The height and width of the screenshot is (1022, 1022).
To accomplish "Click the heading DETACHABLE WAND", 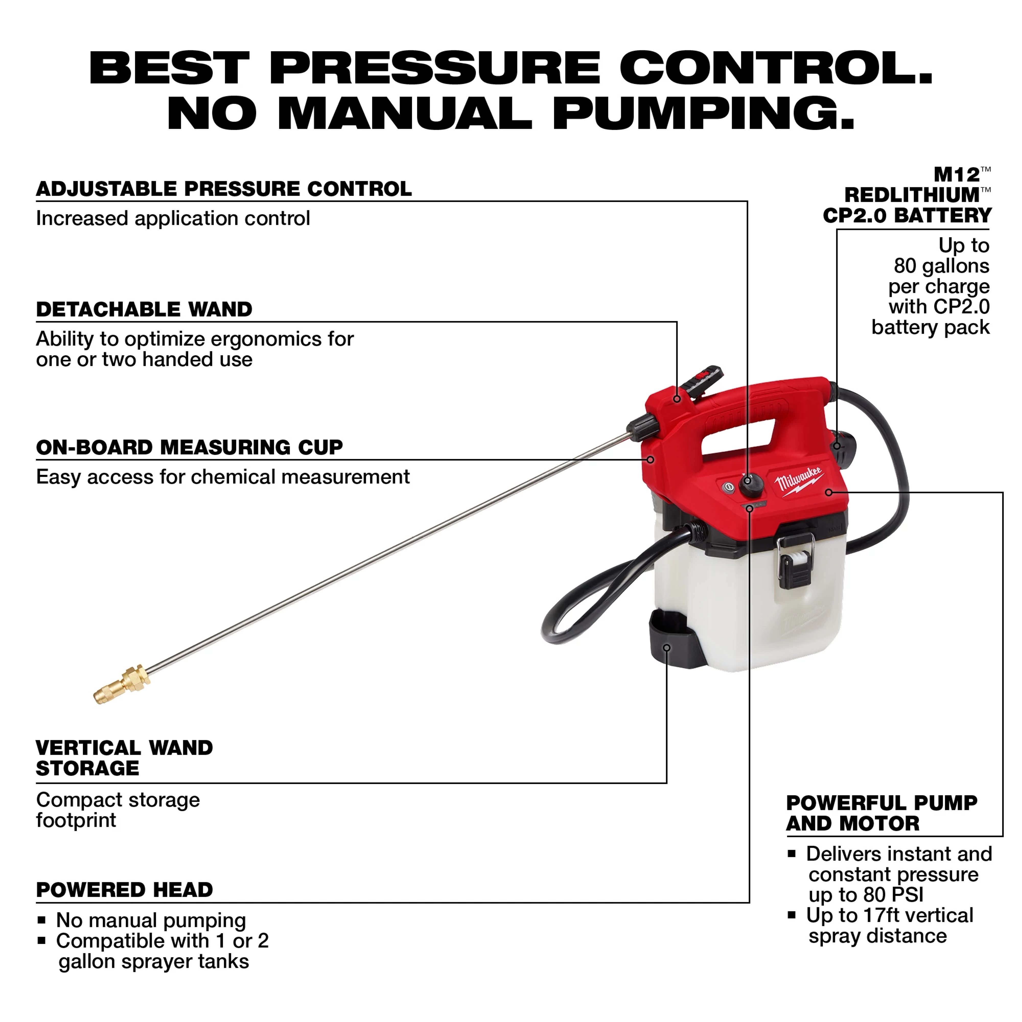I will point(144,309).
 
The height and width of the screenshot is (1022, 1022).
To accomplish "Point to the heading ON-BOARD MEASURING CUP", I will point(189,448).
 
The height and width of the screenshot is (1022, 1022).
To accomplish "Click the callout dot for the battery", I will point(837,446).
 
